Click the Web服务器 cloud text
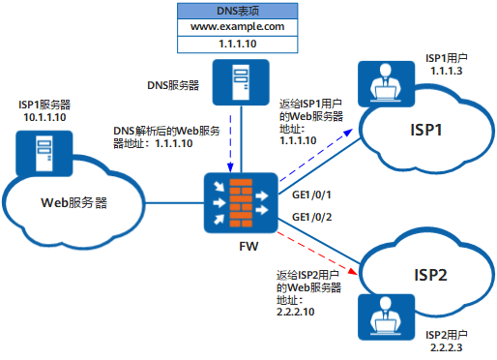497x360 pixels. [x=73, y=203]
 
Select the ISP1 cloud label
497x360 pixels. [x=419, y=131]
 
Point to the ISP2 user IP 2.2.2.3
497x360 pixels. [x=446, y=347]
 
